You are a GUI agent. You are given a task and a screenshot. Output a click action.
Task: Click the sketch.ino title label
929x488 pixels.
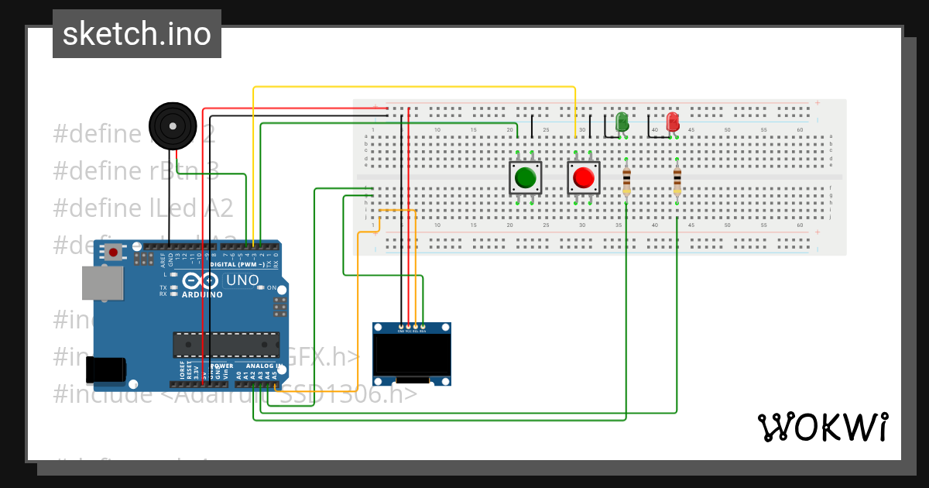[136, 34]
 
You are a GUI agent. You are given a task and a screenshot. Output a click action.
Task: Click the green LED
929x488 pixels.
[621, 122]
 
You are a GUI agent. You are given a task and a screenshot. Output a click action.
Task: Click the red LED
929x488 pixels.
[673, 122]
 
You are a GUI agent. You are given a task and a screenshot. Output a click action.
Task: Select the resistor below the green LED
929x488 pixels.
[626, 180]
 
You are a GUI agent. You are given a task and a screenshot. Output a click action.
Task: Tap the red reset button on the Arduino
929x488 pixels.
[114, 252]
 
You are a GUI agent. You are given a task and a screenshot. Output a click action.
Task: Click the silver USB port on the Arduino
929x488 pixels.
[101, 284]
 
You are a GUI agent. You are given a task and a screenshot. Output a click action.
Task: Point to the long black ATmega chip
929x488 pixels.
[226, 344]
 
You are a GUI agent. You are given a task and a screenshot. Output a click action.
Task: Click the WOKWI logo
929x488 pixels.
[822, 427]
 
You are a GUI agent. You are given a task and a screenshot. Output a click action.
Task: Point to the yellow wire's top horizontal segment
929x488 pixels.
[414, 88]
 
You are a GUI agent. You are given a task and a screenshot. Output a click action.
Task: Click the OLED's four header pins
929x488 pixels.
[412, 328]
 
